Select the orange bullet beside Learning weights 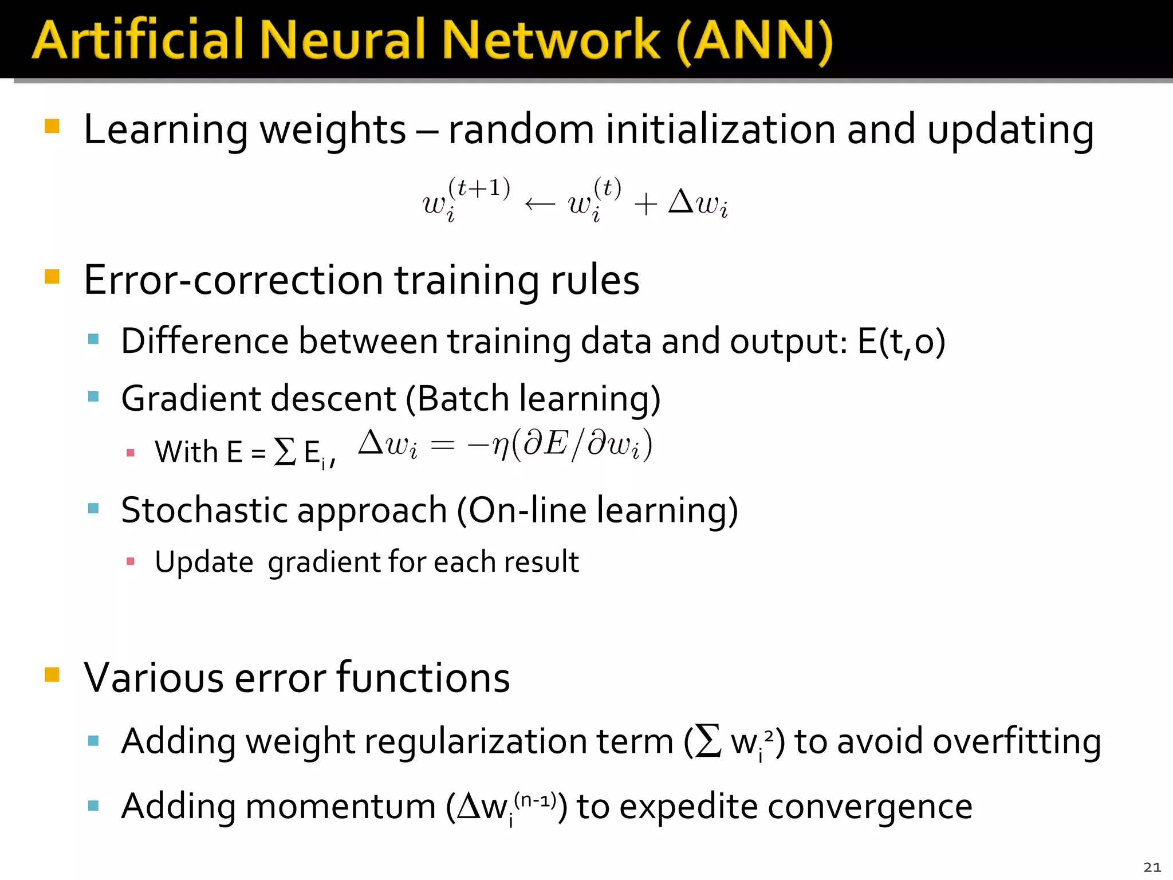point(52,126)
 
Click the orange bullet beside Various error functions point(52,674)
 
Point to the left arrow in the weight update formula point(540,204)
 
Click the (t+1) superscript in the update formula point(479,188)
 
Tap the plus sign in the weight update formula point(645,205)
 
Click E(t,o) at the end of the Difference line point(901,342)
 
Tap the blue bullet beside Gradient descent point(94,396)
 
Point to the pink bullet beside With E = point(131,453)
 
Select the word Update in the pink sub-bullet point(204,562)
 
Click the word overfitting point(1017,742)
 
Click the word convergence point(869,807)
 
